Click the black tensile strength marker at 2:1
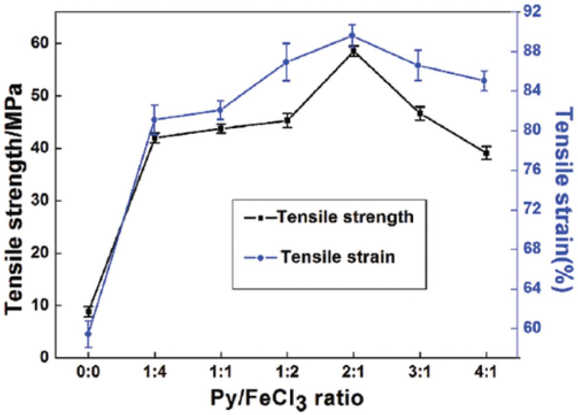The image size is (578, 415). [x=354, y=51]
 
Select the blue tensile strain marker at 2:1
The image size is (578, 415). [x=354, y=36]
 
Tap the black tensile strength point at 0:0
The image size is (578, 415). [x=88, y=311]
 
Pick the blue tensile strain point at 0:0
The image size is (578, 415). [x=88, y=334]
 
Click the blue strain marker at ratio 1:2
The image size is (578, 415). [x=287, y=62]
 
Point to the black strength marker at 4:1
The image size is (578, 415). [x=486, y=153]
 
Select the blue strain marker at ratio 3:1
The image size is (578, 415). [x=420, y=65]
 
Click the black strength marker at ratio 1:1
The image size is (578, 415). [x=221, y=129]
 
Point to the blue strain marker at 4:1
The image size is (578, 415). [x=486, y=80]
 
